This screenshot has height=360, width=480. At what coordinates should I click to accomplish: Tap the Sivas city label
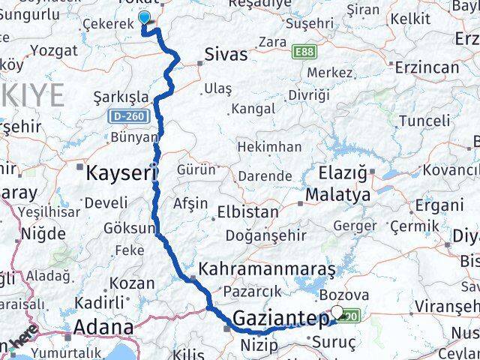click(x=226, y=54)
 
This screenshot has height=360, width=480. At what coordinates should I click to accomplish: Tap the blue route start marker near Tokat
click(x=145, y=19)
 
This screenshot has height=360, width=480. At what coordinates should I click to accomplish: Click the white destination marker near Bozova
click(x=337, y=313)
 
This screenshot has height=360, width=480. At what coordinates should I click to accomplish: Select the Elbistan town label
click(x=247, y=212)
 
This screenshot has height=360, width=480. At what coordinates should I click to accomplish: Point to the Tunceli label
click(x=424, y=121)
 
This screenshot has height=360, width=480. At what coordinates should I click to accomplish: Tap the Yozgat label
click(x=53, y=51)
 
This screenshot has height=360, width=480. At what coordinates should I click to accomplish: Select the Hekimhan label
click(x=269, y=147)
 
